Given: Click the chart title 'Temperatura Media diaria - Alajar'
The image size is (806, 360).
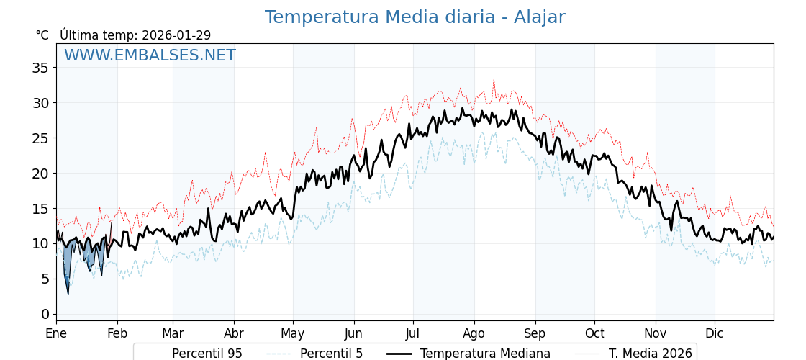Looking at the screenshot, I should click(x=415, y=17).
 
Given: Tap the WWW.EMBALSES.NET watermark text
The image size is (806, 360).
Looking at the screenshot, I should click(x=150, y=55).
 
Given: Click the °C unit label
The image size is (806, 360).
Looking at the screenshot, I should click(x=42, y=35).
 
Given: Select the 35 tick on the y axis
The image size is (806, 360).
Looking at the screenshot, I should click(x=40, y=68).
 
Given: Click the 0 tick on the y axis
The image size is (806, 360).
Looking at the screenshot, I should click(x=45, y=314).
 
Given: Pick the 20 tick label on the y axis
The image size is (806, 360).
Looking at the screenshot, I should click(x=40, y=174).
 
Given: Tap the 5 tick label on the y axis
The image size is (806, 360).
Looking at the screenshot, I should click(x=45, y=279).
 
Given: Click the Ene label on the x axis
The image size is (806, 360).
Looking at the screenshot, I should click(x=56, y=333).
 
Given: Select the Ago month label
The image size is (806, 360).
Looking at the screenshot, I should click(x=474, y=333).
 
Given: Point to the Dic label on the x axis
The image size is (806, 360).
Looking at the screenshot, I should click(x=715, y=333).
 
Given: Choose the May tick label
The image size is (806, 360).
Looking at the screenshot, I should click(x=293, y=333).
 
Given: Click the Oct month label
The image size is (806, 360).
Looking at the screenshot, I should click(x=594, y=333).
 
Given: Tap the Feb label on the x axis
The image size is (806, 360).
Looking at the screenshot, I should click(x=117, y=333).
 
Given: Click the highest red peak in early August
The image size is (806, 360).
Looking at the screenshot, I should click(x=494, y=78).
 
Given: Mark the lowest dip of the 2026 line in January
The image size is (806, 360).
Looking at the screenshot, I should click(x=68, y=294).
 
